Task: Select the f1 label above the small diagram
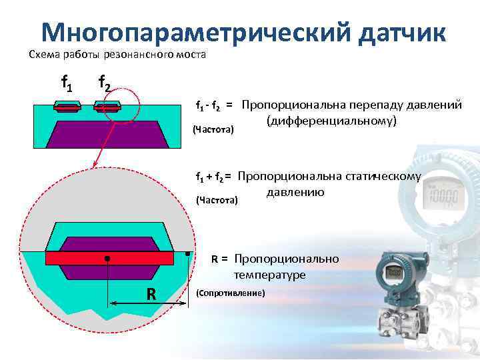coord(67,83)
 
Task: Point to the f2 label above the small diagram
coord(105,83)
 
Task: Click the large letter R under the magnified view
coord(151,294)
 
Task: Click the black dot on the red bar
coord(107,257)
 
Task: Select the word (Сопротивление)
coord(231,294)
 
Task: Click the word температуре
coord(269,275)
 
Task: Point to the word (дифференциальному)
coord(331,121)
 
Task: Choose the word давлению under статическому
coord(295,193)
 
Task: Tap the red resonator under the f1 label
coord(67,107)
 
